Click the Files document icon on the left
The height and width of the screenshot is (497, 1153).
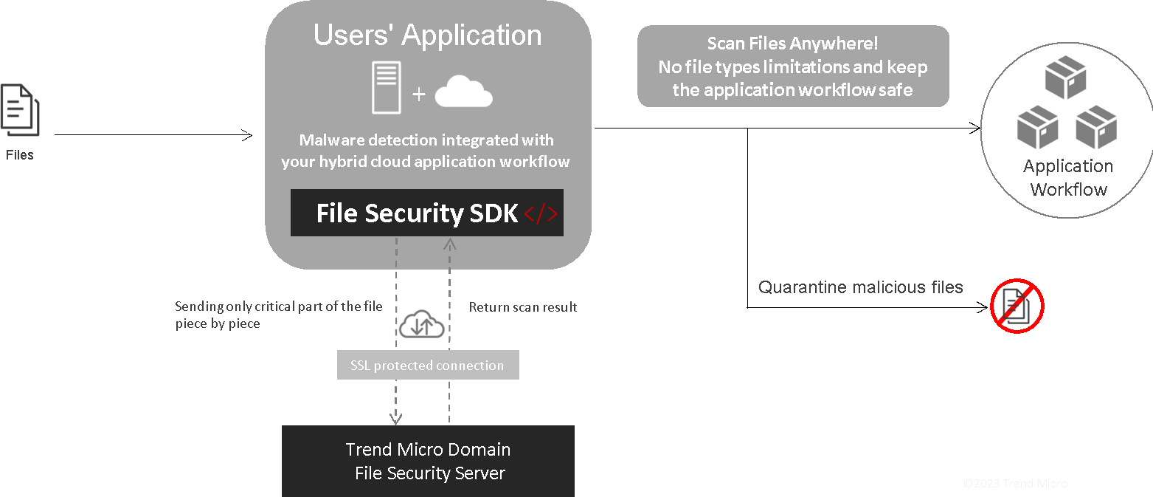(x=19, y=111)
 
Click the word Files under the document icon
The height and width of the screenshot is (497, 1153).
(x=20, y=155)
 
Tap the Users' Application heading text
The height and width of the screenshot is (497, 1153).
(x=427, y=35)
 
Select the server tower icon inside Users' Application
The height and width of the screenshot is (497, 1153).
(x=387, y=87)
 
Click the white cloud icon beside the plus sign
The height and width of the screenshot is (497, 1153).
(x=463, y=92)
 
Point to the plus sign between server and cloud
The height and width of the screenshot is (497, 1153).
(x=419, y=95)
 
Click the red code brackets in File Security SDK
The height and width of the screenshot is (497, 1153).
(x=541, y=214)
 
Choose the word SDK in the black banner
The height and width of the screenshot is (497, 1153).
(x=494, y=213)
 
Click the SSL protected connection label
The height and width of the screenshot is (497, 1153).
(x=427, y=366)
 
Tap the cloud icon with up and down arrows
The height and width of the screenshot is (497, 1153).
(x=422, y=325)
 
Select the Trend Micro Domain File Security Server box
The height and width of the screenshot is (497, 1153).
(x=428, y=461)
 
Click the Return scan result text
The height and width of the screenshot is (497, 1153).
(x=523, y=306)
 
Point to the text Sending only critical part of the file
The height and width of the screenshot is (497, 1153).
(x=278, y=306)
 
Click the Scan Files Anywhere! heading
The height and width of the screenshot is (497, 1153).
(x=792, y=44)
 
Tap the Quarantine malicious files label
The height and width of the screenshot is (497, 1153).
(x=860, y=287)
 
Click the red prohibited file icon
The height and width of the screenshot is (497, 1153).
(x=1017, y=306)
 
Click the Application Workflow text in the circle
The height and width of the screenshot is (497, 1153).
(x=1068, y=178)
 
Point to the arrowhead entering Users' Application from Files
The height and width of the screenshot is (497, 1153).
(x=248, y=135)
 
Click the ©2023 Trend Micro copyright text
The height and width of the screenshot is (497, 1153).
(x=1015, y=484)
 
